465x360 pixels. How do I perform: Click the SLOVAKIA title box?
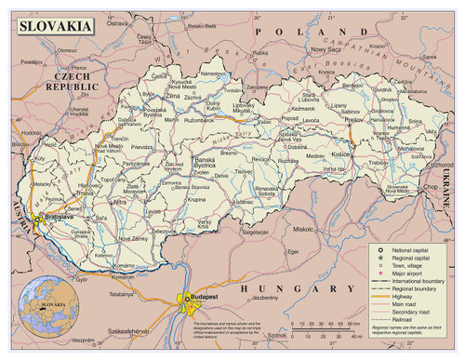(x=55, y=26)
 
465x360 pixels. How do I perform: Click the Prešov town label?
(x=353, y=120)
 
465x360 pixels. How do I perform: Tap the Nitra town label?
(x=120, y=201)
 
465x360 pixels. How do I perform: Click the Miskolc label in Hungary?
(x=302, y=227)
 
